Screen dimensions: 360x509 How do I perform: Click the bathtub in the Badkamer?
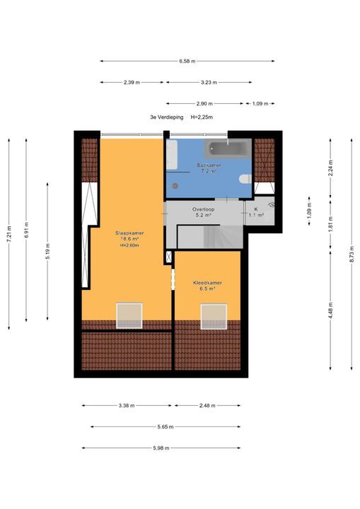tap(228, 148)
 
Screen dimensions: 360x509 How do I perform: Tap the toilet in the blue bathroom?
tap(245, 179)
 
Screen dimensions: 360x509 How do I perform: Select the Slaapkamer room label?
tap(129, 233)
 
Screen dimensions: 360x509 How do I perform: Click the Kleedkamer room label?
tap(207, 283)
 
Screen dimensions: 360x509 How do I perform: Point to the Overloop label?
tap(203, 209)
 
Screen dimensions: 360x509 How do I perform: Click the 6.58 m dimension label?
tap(187, 61)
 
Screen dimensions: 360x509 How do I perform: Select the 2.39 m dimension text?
tap(132, 83)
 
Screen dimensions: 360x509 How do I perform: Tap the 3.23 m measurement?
tap(209, 83)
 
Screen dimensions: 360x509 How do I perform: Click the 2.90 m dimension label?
tap(204, 104)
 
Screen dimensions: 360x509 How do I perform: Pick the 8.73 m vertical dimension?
tap(352, 255)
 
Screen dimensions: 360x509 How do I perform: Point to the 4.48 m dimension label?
tap(331, 310)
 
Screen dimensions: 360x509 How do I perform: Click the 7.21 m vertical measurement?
tap(9, 234)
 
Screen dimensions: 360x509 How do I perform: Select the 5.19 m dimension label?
tap(48, 251)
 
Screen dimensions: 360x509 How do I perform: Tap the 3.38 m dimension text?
tap(127, 406)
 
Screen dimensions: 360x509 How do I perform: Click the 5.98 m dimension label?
tap(161, 448)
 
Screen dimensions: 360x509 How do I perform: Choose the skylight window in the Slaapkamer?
tap(129, 316)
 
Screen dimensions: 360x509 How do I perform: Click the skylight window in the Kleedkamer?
tap(214, 317)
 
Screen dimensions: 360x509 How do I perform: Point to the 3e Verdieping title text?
tap(167, 117)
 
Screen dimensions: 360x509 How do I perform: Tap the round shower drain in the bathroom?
tap(175, 186)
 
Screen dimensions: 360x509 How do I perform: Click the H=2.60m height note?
tap(129, 245)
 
